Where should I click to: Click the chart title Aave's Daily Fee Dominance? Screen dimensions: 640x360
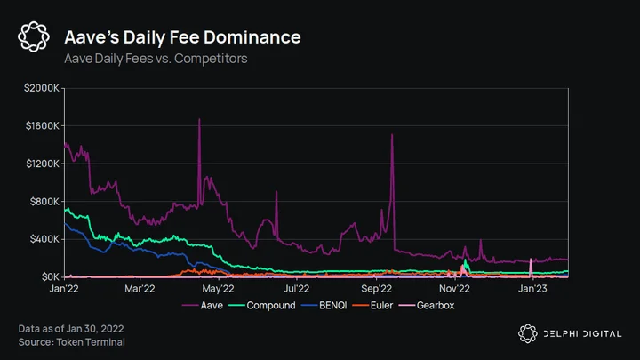point(182,37)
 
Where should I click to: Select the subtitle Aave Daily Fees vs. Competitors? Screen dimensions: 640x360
point(156,59)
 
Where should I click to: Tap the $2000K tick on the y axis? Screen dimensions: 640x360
point(42,88)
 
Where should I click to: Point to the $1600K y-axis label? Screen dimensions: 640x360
point(43,125)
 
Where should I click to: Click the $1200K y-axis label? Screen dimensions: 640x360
point(43,164)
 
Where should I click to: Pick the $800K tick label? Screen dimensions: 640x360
point(44,201)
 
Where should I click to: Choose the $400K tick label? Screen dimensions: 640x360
point(44,239)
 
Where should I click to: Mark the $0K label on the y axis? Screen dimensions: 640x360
point(50,277)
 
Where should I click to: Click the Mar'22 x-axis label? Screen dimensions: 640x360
point(140,289)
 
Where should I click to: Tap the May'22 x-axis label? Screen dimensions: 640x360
point(218,289)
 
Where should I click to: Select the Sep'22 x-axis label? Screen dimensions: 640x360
point(376,289)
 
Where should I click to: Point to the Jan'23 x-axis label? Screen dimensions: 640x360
point(532,289)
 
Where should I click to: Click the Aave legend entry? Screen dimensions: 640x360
point(203,305)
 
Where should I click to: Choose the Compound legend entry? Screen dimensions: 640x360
point(262,305)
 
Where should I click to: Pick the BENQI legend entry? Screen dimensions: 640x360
point(324,305)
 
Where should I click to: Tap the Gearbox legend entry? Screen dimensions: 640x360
point(427,305)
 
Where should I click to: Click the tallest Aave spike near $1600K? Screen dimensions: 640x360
point(199,119)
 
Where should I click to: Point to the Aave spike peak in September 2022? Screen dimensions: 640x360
point(392,134)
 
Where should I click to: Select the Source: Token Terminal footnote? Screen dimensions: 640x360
point(71,342)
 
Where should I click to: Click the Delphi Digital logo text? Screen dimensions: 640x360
point(582,334)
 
